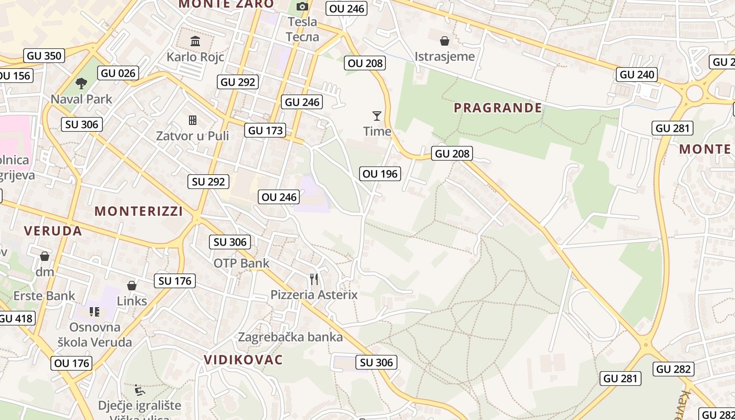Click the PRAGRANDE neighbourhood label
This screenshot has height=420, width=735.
tap(498, 108)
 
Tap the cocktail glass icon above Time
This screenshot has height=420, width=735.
tap(377, 115)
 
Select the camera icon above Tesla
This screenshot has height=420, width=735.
tap(302, 7)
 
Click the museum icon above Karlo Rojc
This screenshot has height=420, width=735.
tap(195, 41)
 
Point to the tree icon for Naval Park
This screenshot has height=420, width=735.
tap(81, 83)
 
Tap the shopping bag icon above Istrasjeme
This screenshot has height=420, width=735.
tap(445, 41)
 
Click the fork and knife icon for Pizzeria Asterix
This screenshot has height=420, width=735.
tap(314, 279)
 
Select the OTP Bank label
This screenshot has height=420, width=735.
tap(241, 263)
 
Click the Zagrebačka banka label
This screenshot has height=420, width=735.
tap(290, 337)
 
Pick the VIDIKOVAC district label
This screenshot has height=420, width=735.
tap(243, 360)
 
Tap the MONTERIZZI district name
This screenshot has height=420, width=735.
tap(139, 211)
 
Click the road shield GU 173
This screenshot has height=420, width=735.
tap(265, 130)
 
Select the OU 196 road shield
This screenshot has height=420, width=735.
tap(380, 173)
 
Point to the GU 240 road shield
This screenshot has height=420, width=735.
tap(637, 75)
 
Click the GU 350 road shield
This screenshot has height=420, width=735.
tap(44, 56)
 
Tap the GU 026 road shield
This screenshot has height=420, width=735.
tap(118, 73)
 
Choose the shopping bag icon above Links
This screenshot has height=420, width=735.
tap(131, 286)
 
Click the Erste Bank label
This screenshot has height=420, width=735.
tap(44, 296)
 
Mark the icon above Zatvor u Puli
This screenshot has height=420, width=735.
tap(193, 120)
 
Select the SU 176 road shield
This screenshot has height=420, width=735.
tap(175, 281)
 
